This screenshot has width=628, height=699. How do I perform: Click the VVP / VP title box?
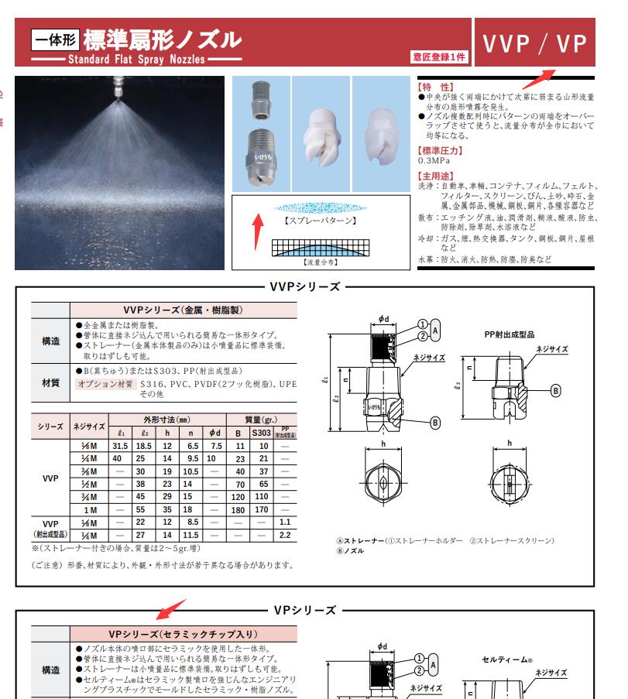click(534, 43)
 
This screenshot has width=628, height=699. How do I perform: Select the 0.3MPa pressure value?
click(434, 160)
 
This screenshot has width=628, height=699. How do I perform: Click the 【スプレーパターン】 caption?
click(321, 221)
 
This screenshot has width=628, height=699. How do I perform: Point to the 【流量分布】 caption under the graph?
click(321, 262)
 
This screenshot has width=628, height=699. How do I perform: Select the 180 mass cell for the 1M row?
click(240, 511)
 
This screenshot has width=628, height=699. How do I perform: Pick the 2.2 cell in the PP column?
click(285, 535)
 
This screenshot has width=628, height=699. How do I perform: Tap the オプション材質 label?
click(105, 384)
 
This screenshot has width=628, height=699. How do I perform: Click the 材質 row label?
click(50, 382)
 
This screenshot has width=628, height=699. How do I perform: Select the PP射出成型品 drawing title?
click(509, 335)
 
